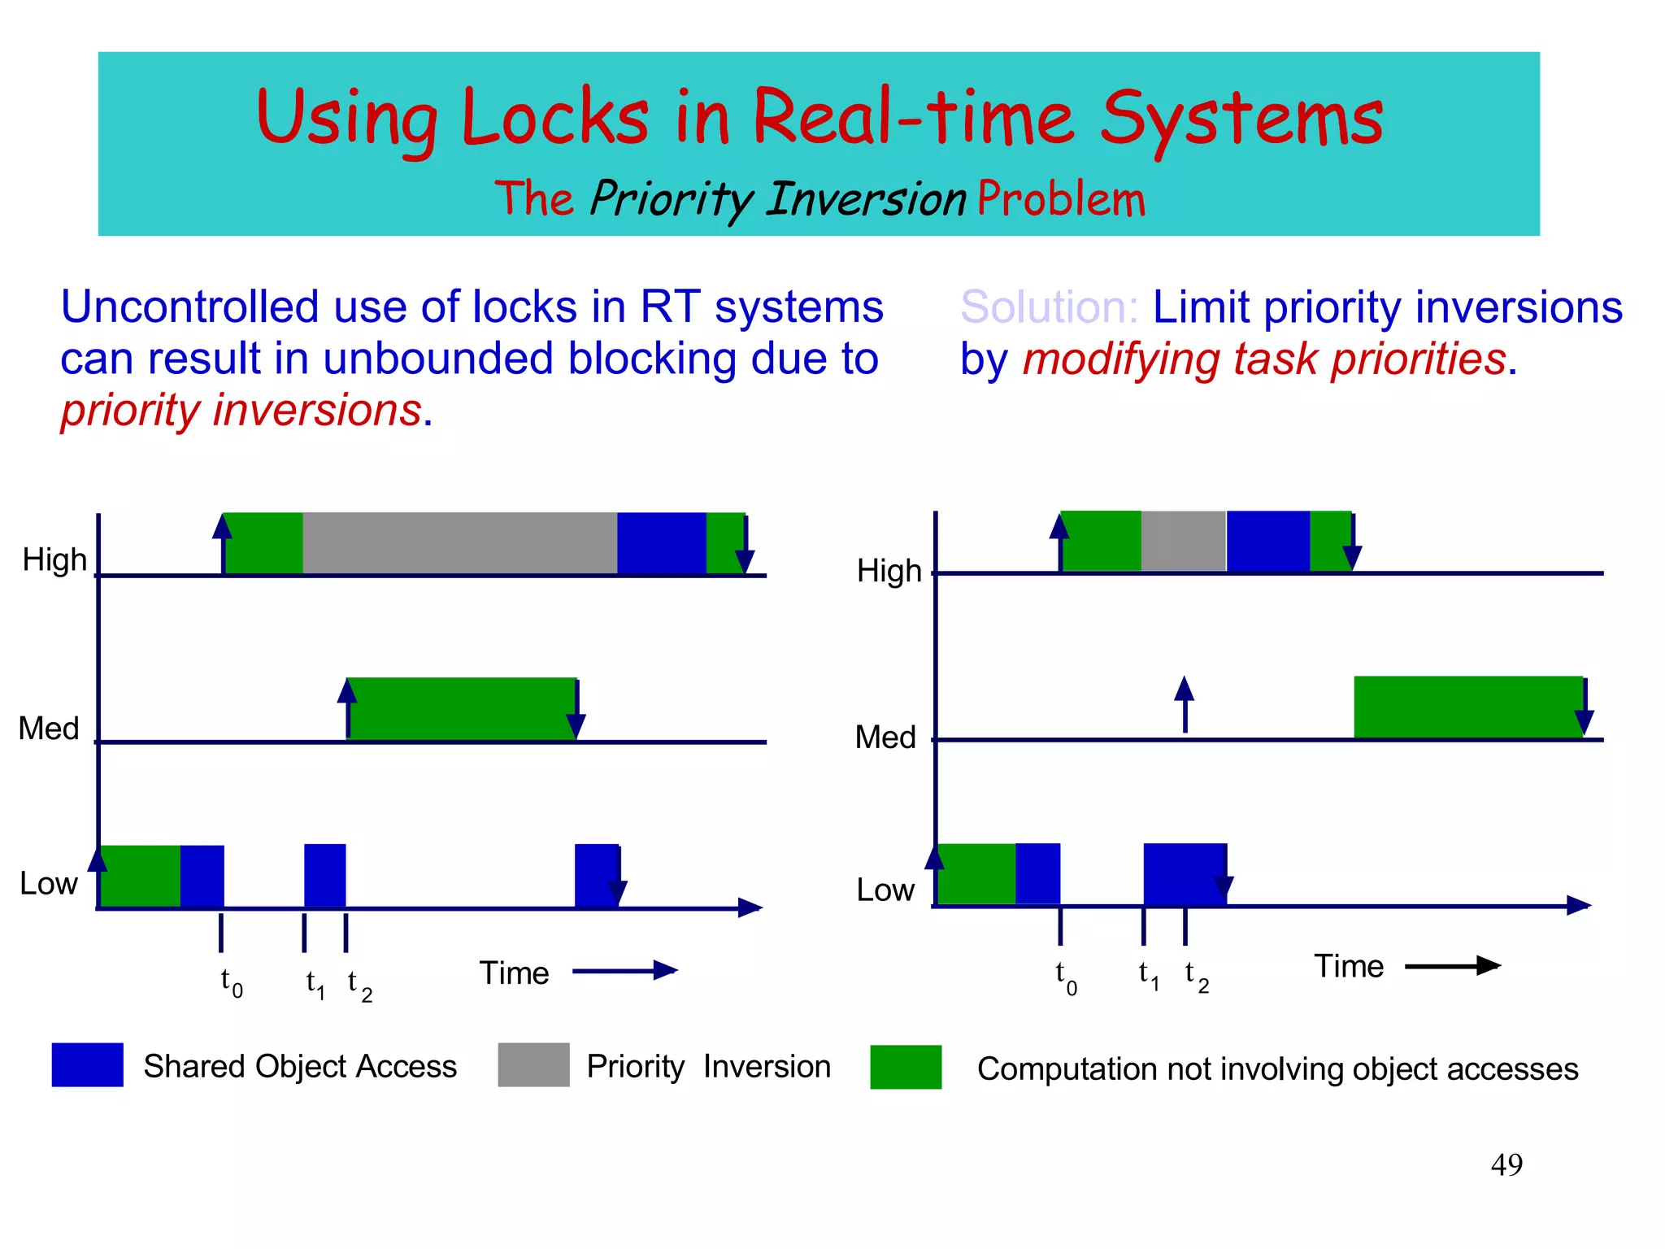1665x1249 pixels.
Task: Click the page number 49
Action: coord(1506,1164)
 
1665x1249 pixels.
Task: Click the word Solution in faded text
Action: coord(1048,307)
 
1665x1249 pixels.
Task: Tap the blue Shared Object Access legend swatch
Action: coord(87,1064)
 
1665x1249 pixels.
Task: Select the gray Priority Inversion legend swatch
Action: coord(533,1064)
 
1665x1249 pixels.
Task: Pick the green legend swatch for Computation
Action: coord(905,1067)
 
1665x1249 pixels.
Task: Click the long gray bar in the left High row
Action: coord(459,543)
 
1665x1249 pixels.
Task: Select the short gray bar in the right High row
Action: coord(1183,541)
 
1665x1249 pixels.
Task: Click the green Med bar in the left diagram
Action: coord(461,708)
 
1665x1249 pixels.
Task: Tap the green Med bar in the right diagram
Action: coord(1467,707)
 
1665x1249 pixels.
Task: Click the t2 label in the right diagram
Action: coord(1196,975)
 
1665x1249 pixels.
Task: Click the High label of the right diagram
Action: coord(889,571)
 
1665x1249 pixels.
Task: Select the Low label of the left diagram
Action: coord(48,883)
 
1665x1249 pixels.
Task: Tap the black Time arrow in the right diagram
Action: coord(1451,966)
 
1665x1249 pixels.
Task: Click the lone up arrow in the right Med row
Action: coord(1185,704)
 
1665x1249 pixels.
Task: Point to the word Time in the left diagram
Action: coord(514,973)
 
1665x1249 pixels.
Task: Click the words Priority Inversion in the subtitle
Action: coord(778,199)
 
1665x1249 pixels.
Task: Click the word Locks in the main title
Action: coord(555,118)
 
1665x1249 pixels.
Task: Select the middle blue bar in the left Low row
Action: coord(324,875)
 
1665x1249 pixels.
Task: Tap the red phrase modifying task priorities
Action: coord(1264,359)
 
